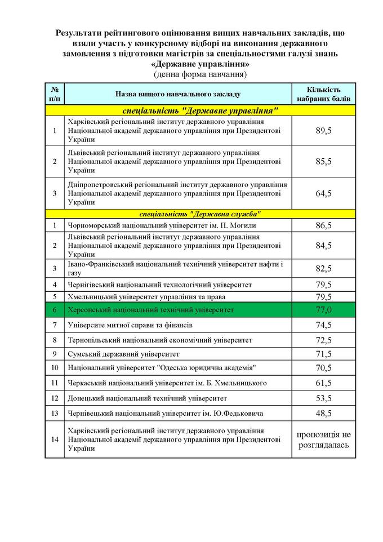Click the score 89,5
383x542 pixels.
(x=324, y=131)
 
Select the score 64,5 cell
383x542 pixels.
(x=324, y=193)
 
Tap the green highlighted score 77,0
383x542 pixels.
(x=324, y=310)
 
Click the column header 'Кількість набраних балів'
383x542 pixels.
(x=324, y=94)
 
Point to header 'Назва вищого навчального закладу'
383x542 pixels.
(x=178, y=94)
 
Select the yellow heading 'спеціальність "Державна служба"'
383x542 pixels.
(x=201, y=214)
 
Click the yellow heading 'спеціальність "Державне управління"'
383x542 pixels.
(x=201, y=110)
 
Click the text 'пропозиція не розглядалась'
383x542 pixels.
(x=324, y=439)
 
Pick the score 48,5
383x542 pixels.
(x=324, y=413)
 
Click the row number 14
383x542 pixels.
(x=55, y=439)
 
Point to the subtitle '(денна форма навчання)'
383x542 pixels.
(x=200, y=74)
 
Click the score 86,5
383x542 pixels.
(x=324, y=225)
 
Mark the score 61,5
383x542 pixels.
(x=324, y=384)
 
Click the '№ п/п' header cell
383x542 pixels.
(x=55, y=94)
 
